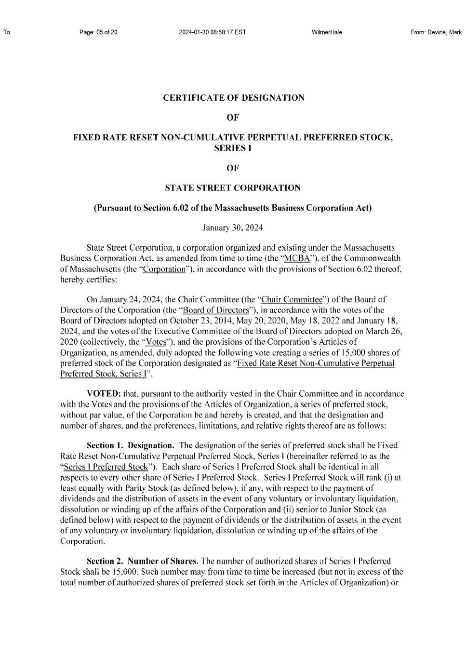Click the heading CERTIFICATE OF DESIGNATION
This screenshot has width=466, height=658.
point(234,98)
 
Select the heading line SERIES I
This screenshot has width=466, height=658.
point(233,148)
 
